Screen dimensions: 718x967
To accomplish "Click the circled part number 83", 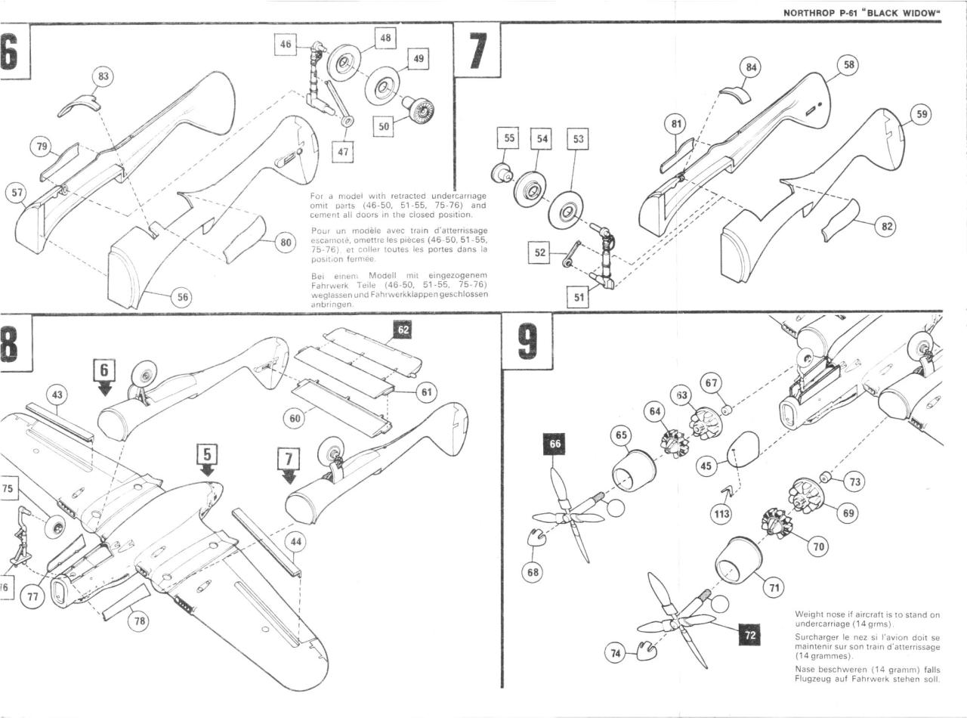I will [x=103, y=77].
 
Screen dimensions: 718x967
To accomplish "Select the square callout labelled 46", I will [x=286, y=45].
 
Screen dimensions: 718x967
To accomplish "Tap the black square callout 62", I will [x=402, y=330].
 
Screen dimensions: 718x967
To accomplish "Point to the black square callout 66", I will [x=555, y=444].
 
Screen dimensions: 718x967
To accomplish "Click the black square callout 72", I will [x=749, y=636].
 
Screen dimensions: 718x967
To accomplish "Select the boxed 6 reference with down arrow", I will [x=104, y=370].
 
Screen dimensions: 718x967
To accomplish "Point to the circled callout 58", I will [x=848, y=66].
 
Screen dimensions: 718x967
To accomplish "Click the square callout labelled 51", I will [x=579, y=297].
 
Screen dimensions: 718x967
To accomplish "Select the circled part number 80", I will [x=285, y=243].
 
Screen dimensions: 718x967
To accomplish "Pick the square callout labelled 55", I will [x=510, y=139].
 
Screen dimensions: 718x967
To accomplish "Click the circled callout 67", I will [x=712, y=383].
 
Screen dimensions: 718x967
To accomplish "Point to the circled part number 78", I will [x=137, y=621].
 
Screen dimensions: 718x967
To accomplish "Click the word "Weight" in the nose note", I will [x=811, y=614].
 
